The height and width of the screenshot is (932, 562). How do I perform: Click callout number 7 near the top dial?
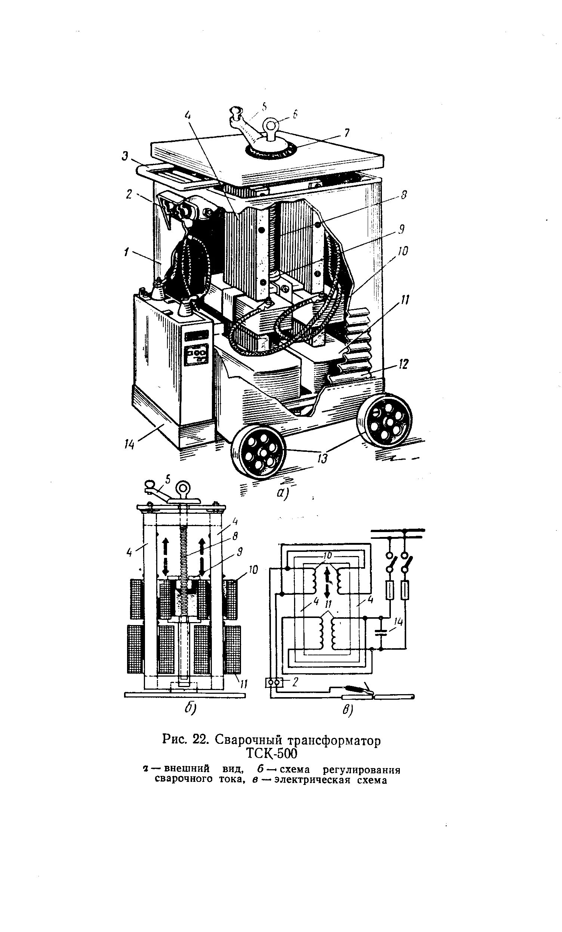346,133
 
